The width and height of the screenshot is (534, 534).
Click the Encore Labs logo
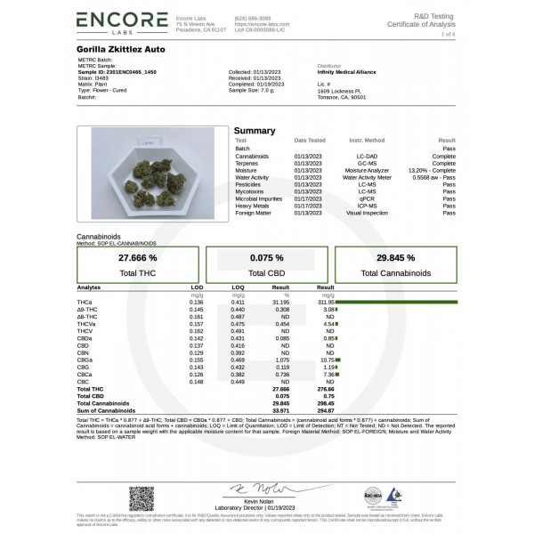click(x=121, y=21)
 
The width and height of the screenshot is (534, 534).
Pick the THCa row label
click(x=84, y=303)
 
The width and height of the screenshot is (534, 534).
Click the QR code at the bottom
click(x=141, y=498)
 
